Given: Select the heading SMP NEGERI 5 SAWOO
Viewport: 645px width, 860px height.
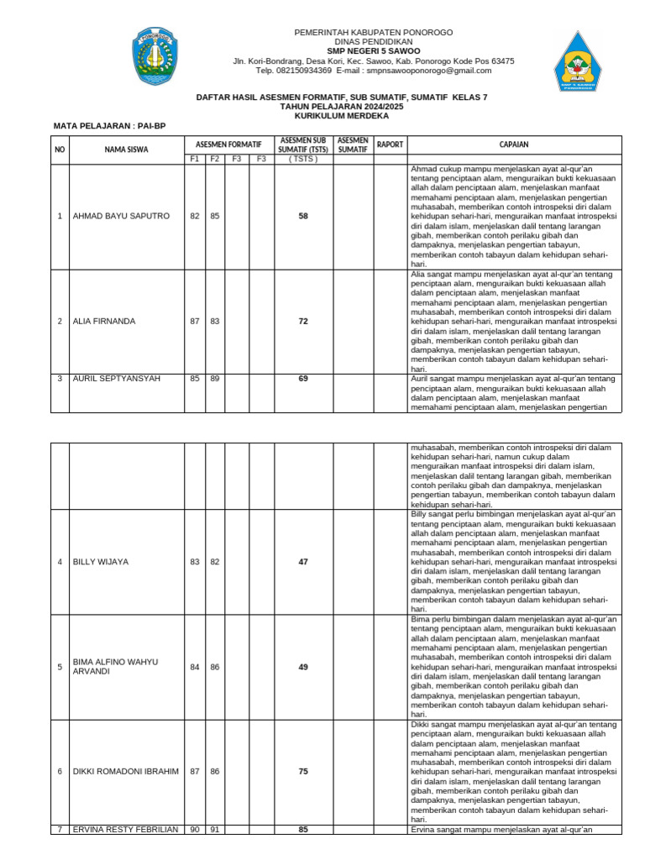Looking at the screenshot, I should [373, 51].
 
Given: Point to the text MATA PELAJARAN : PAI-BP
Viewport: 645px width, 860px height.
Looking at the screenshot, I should [110, 126].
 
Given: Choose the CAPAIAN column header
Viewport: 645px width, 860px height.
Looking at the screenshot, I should [514, 144].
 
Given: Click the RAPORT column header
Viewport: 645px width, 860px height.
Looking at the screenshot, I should [390, 144].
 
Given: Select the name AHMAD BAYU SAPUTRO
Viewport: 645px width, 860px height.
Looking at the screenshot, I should [122, 217].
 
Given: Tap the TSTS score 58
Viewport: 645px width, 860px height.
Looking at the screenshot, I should [303, 217].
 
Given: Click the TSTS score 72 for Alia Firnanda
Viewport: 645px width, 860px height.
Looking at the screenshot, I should [303, 322].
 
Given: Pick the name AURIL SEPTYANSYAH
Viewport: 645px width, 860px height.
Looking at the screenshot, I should [117, 379].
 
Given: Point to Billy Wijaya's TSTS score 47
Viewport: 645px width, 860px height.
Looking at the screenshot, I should [303, 562].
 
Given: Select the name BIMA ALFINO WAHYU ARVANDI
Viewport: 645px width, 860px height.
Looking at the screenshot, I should [115, 667].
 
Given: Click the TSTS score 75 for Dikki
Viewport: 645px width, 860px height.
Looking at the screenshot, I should [303, 772].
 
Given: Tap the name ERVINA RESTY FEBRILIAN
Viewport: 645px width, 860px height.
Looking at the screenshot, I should [125, 830].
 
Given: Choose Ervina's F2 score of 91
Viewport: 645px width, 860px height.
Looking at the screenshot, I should [215, 830].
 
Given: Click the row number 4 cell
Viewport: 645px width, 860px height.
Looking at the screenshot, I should [60, 562].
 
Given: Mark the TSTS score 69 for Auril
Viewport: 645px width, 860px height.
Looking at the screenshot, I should [303, 379].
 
